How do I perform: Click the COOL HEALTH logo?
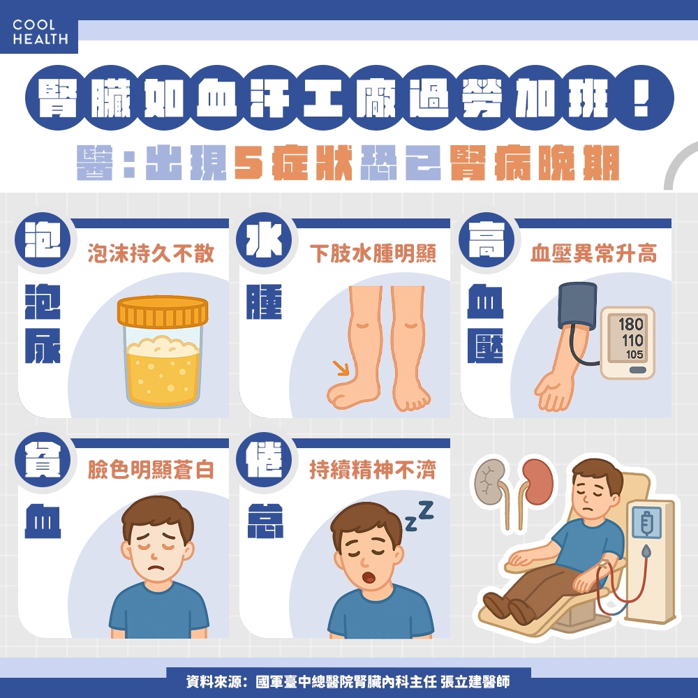coord(40,33)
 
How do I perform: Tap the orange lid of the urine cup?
coord(163,312)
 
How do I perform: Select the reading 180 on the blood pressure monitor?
coord(630,325)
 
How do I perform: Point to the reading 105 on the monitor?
coord(634,355)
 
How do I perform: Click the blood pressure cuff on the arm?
coord(576,306)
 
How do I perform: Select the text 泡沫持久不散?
coord(151,254)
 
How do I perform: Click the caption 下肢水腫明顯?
coord(373,254)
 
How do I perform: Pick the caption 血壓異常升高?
coord(593,254)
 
